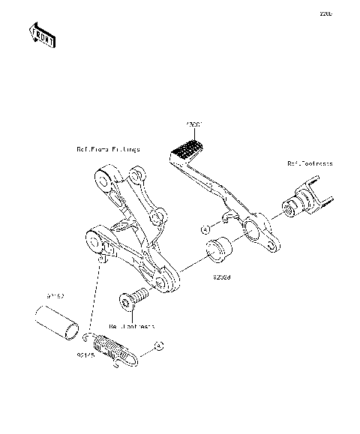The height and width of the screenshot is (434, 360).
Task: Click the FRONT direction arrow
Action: (42, 35)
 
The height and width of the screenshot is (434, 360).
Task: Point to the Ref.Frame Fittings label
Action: (108, 150)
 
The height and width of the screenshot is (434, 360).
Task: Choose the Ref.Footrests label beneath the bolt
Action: (131, 327)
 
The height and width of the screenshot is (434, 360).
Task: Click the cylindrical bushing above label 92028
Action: (219, 250)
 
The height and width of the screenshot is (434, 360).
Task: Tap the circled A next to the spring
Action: (158, 346)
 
